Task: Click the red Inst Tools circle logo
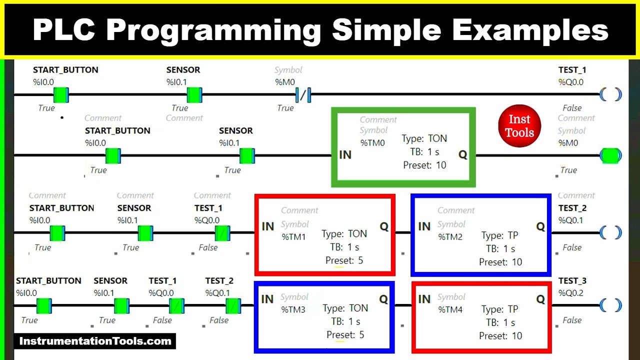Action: point(519,126)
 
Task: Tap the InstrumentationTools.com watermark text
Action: point(95,341)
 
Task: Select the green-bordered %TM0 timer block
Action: point(403,147)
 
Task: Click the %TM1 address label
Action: point(293,237)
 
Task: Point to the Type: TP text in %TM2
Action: point(499,235)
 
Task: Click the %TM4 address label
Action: point(450,310)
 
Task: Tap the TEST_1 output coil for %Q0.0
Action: point(610,94)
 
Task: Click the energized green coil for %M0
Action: point(610,156)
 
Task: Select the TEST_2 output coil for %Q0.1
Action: point(610,233)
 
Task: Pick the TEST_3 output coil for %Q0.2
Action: point(610,305)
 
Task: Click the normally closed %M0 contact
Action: point(303,94)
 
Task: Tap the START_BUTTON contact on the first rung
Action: point(61,94)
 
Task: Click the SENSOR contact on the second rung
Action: point(247,156)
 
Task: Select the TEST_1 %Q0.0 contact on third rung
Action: point(222,233)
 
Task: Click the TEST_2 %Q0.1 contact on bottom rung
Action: point(233,305)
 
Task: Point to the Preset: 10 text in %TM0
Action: point(424,165)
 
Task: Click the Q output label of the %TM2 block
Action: point(540,226)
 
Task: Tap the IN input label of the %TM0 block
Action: point(345,155)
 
